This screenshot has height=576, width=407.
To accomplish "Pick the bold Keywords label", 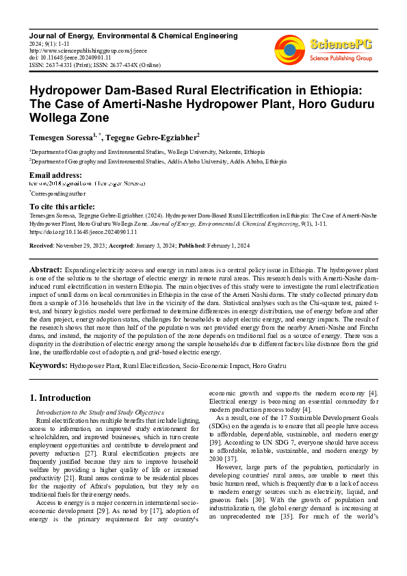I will coord(49,366).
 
